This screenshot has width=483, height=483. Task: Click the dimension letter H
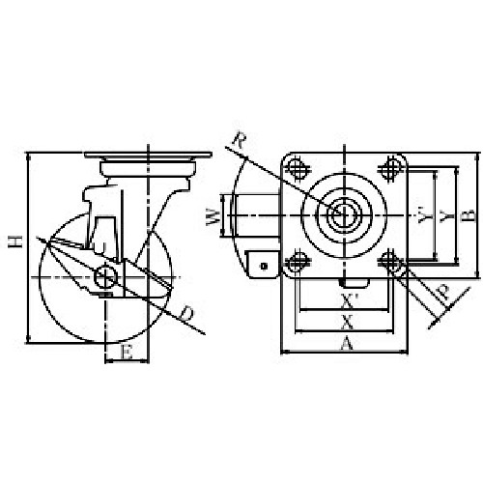[15, 241]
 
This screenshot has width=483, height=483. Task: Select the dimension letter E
[127, 353]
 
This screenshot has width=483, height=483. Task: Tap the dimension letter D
[186, 314]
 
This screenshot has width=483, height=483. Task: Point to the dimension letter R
[240, 140]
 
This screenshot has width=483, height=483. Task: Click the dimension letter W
[213, 216]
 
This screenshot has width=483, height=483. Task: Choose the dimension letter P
[443, 293]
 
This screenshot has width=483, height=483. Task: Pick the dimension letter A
[346, 343]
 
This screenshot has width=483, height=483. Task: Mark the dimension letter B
[470, 215]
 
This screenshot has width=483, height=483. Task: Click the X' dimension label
[350, 301]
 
